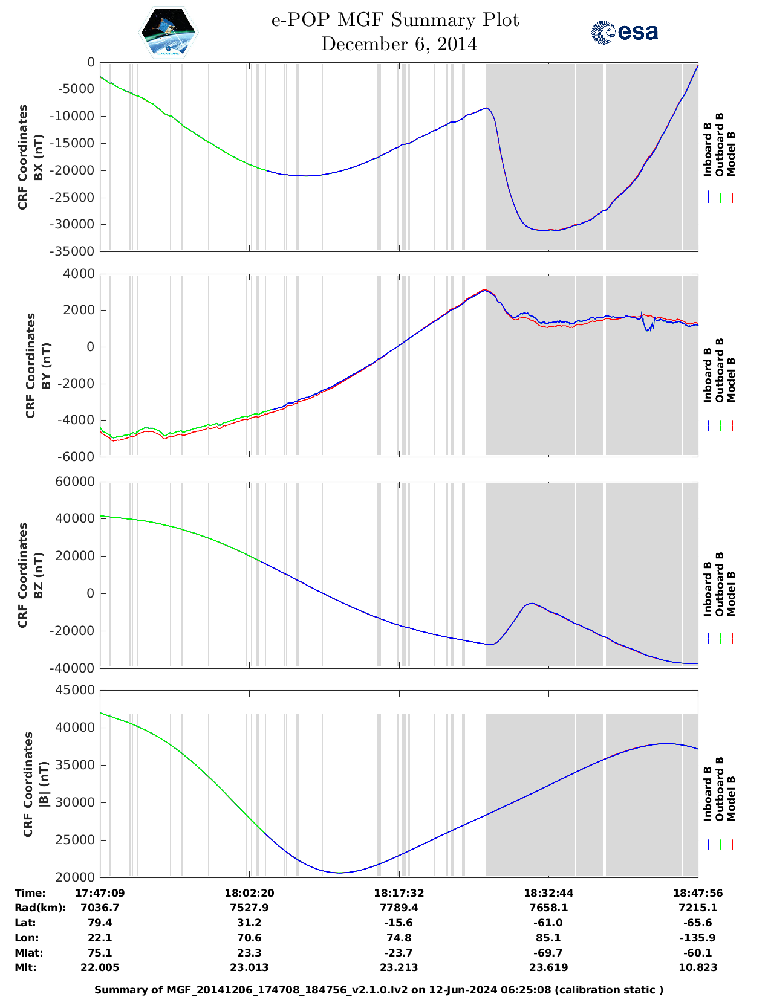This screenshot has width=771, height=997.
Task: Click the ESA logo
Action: [x=624, y=32]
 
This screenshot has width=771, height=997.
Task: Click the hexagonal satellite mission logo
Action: [x=169, y=32]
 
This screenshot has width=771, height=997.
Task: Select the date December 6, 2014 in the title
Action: [x=399, y=44]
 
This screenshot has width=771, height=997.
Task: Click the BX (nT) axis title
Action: [x=38, y=157]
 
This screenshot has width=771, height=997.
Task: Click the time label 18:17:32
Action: [x=399, y=892]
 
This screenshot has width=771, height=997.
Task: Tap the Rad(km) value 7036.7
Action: [x=100, y=908]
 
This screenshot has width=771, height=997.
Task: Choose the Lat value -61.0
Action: [x=548, y=923]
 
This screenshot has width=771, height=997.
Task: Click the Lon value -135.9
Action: [x=698, y=938]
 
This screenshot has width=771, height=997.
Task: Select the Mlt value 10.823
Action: [x=698, y=967]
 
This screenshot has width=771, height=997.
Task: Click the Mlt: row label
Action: [x=25, y=967]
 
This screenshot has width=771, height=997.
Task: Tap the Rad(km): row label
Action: [x=40, y=908]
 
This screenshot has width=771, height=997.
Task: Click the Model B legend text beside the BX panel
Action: [x=731, y=153]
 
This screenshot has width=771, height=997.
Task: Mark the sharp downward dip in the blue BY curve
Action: [x=648, y=330]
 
